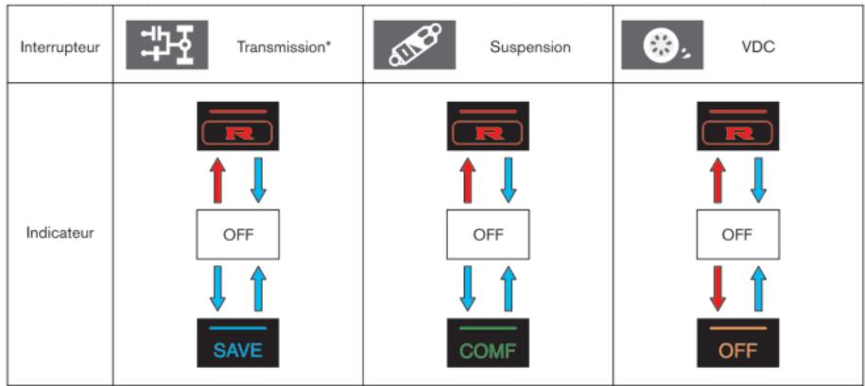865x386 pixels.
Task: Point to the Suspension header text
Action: [x=529, y=47]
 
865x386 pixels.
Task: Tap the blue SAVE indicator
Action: [x=237, y=343]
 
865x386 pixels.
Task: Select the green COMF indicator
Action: [x=488, y=343]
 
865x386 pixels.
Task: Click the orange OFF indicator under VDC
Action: [x=737, y=343]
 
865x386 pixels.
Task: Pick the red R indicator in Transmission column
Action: [x=237, y=126]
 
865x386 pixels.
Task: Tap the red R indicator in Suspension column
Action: [x=488, y=126]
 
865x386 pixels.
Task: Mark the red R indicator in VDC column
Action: [x=737, y=126]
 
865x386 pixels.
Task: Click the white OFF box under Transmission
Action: [x=237, y=234]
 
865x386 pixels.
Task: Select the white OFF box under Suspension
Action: [x=488, y=234]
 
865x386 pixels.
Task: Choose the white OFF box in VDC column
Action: [x=737, y=234]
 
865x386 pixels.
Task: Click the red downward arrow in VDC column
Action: [x=718, y=289]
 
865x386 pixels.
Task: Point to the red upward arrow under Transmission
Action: [x=216, y=180]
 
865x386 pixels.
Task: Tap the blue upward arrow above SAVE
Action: [x=257, y=289]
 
